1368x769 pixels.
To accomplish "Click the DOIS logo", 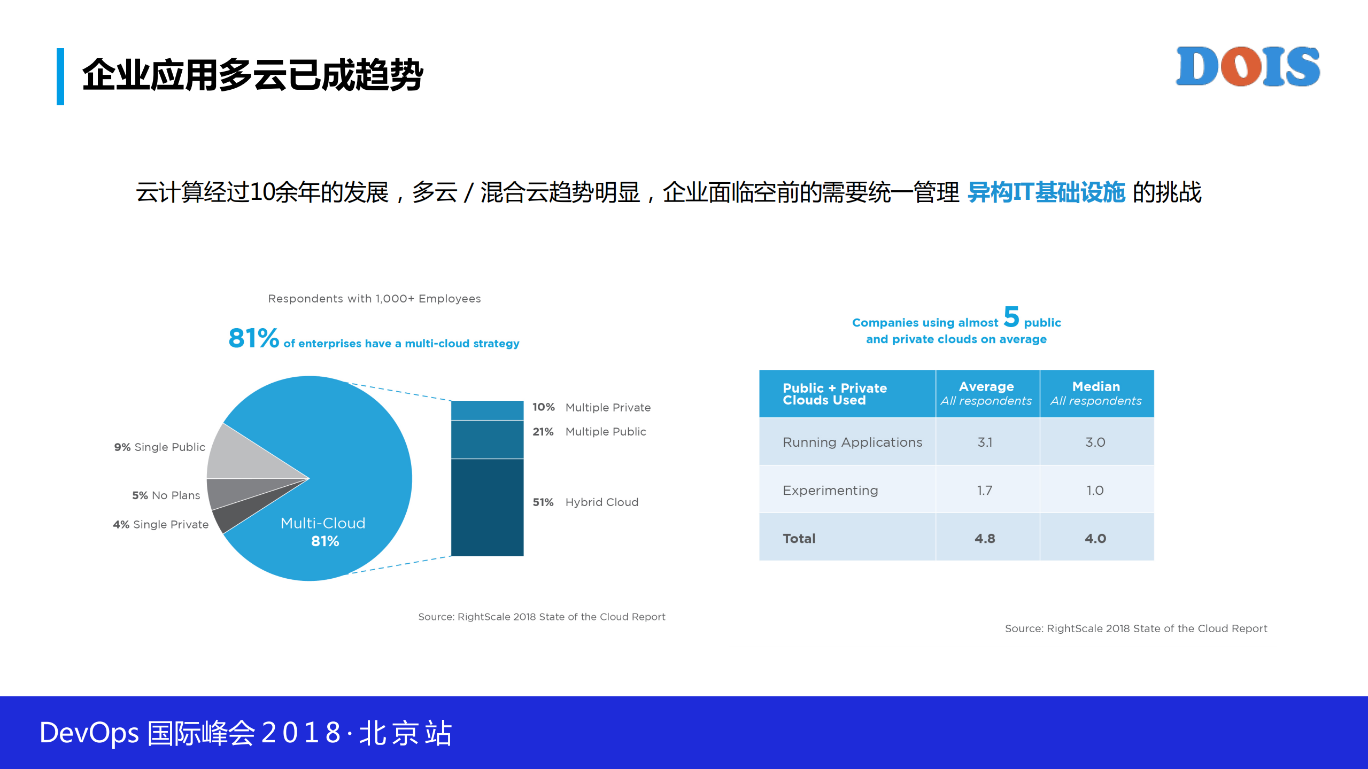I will tap(1247, 66).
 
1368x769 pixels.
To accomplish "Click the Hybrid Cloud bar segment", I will tap(487, 507).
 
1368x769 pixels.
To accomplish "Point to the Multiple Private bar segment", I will tap(487, 410).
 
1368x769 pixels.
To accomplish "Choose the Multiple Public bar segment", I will tap(487, 439).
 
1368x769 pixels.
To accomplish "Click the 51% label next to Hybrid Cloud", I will tap(543, 502).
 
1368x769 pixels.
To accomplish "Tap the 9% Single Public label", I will tap(159, 447).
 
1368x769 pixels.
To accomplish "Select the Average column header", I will tap(986, 393).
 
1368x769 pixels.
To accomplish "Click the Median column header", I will tap(1096, 393).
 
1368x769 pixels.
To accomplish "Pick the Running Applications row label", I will tap(852, 442).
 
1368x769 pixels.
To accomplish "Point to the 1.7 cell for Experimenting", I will tap(985, 490).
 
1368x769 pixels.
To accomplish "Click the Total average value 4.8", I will tap(985, 538).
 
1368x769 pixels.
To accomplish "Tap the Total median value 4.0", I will tap(1095, 538).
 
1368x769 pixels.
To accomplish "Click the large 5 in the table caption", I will tap(1011, 317).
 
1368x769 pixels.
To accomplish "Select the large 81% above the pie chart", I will tap(253, 338).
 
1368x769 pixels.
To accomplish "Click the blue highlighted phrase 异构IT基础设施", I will tap(1046, 192).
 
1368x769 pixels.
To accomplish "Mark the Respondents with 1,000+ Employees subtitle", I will tap(374, 299).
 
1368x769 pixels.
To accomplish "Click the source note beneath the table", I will tap(1135, 628).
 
